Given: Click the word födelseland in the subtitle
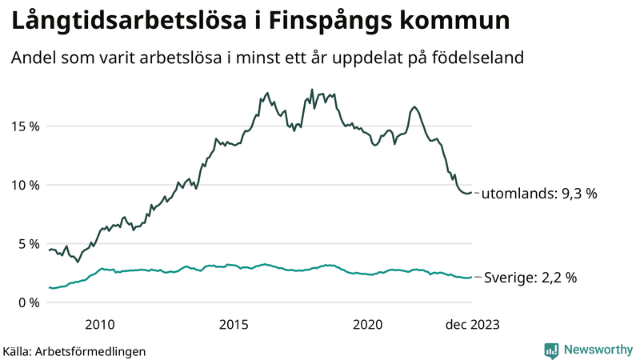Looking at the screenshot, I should pos(484,58).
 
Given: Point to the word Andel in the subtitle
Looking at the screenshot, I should pos(31,58).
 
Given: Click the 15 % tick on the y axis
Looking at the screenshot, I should pos(25,126).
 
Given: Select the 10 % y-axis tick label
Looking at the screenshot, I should pos(25,185).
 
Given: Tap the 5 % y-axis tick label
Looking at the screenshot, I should pos(28,243).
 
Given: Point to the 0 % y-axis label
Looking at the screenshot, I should pos(28,302).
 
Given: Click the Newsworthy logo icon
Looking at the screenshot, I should pos(551,350).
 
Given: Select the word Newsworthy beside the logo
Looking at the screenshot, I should pos(597,350).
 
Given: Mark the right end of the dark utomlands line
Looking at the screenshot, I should pos(471,193).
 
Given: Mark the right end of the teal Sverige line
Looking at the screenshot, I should pos(471,277).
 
